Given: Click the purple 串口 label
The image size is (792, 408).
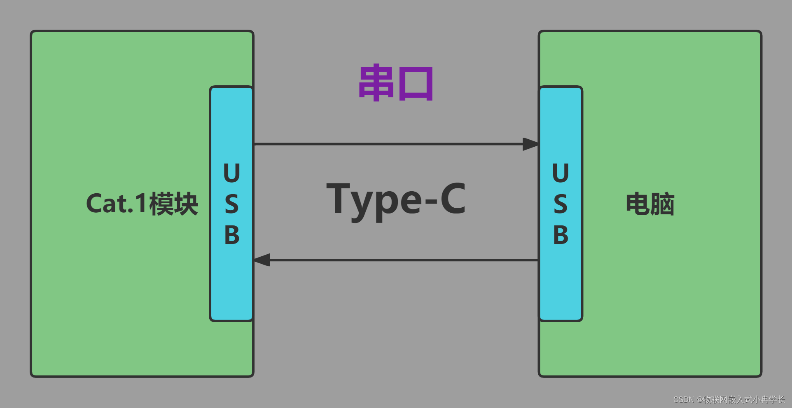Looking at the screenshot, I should coord(396,83).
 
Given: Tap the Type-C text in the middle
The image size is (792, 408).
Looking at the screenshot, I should coord(396,200).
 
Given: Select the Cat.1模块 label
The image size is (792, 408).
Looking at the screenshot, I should coord(142,204).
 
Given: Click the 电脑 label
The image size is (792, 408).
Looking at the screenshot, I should coord(650,204).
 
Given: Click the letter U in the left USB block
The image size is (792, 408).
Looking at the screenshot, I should coord(231,173).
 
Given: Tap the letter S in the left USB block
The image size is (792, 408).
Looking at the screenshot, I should coord(231,204).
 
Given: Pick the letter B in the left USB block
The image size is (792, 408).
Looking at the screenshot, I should coord(231,235).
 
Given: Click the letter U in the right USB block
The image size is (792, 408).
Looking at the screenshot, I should coord(561,173).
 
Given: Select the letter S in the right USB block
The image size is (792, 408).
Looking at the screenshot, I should coord(561,204).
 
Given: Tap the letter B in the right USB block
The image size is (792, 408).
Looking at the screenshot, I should coord(561,235).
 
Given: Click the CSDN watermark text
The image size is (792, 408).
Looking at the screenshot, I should coord(729,399).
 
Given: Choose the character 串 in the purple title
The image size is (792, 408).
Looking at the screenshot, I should coord(376,83).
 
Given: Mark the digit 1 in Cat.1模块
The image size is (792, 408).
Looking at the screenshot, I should coord(141,204).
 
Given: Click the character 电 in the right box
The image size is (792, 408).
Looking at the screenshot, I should coord(638,204).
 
